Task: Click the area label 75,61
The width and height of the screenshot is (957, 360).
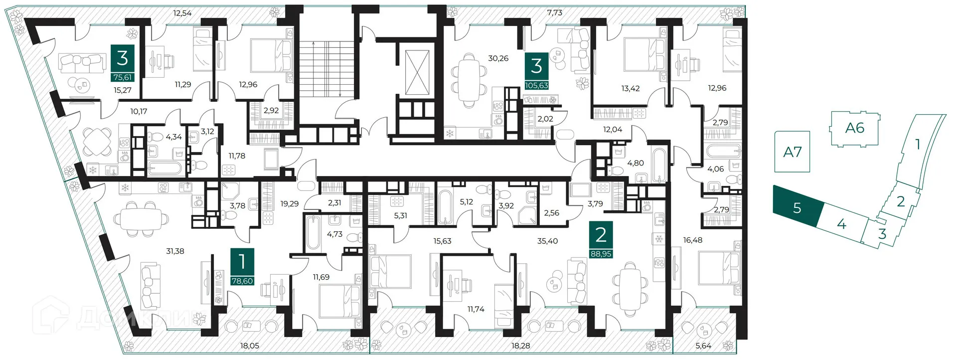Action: pos(123,77)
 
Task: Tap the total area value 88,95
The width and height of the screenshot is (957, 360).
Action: pos(601,254)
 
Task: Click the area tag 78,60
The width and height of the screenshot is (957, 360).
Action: pos(242,281)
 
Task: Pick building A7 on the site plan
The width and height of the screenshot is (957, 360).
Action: pos(792,152)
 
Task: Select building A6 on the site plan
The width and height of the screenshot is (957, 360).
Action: pos(854,128)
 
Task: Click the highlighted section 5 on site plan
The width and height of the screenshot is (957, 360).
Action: pos(797,207)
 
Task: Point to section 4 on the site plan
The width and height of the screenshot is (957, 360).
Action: pos(841,224)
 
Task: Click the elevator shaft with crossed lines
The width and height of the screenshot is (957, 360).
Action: pos(417,72)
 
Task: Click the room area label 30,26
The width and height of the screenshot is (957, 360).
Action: pos(498,58)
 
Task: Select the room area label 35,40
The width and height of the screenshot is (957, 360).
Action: pos(547,241)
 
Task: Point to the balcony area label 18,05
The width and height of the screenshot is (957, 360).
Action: pos(249,346)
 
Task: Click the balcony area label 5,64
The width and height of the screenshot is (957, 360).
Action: pos(703,346)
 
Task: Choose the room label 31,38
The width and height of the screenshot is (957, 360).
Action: pos(175,251)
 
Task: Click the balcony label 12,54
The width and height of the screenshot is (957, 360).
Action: pos(182,13)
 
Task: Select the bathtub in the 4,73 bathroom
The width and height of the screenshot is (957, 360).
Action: pos(313,233)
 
